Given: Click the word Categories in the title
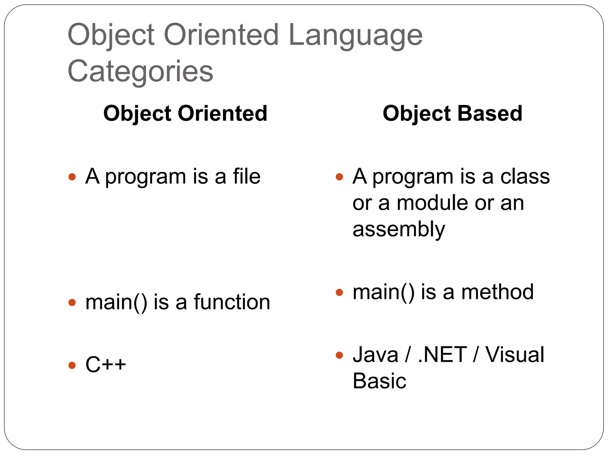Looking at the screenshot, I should pyautogui.click(x=140, y=71).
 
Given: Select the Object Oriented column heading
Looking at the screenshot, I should pyautogui.click(x=185, y=113).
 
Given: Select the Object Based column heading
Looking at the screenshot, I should pyautogui.click(x=452, y=113).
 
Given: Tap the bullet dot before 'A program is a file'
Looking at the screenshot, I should pyautogui.click(x=72, y=177).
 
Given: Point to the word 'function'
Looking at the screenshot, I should pyautogui.click(x=232, y=302).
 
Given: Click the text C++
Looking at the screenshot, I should pyautogui.click(x=106, y=365).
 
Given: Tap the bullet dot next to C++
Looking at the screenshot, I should pyautogui.click(x=72, y=365).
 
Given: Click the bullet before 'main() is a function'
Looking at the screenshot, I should pyautogui.click(x=72, y=303).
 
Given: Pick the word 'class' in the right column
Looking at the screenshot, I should pyautogui.click(x=525, y=176).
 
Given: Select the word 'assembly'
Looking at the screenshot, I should pyautogui.click(x=399, y=229).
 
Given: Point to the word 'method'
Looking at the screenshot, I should pyautogui.click(x=497, y=292).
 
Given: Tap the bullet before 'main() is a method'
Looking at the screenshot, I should pyautogui.click(x=339, y=292).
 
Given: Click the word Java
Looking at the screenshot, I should pyautogui.click(x=375, y=354).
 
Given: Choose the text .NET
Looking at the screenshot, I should pyautogui.click(x=442, y=354).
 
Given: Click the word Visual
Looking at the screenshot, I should pyautogui.click(x=514, y=354).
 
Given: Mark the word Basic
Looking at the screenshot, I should pyautogui.click(x=379, y=381).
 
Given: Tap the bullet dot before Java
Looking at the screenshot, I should pyautogui.click(x=339, y=355).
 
